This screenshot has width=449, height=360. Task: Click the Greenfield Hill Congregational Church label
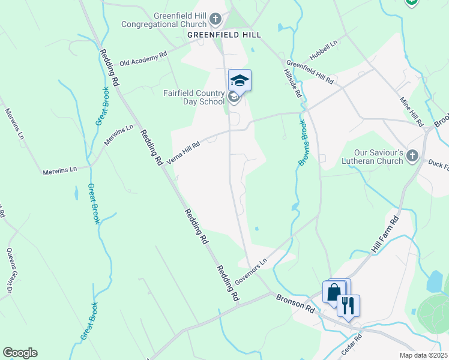(162, 20)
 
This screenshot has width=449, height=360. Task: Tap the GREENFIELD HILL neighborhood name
(224, 35)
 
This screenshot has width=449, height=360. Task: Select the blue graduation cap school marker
(240, 80)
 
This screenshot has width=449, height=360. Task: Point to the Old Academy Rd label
(143, 59)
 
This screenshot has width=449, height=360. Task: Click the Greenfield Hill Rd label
(310, 71)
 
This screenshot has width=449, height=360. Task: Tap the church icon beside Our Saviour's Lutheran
(412, 157)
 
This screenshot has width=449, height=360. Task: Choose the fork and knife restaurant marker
(348, 305)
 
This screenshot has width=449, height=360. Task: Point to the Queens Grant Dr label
(10, 267)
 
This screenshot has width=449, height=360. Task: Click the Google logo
(20, 353)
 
